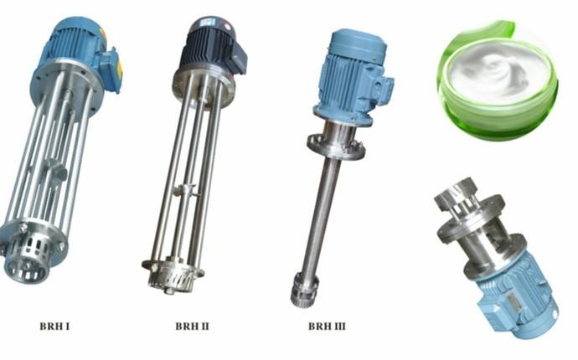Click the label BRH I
pos(54,327)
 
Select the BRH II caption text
pos(192,327)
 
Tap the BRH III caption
pos(327,327)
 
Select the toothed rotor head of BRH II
pos(172,277)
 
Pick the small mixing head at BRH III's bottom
pos(303,291)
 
